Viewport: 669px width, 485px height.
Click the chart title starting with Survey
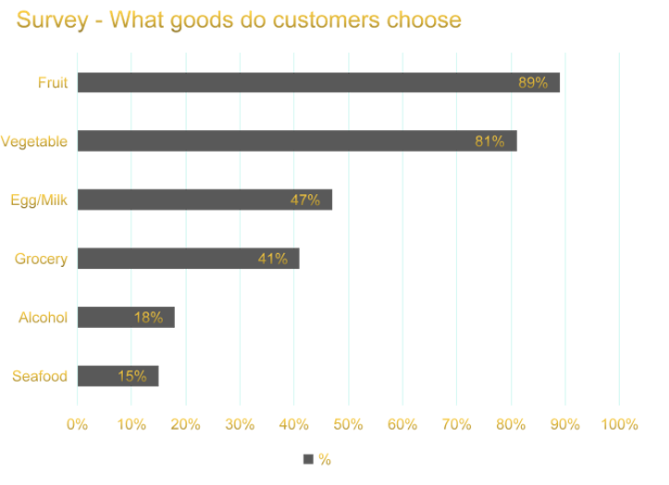(x=239, y=19)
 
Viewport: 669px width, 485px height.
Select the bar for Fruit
(x=318, y=82)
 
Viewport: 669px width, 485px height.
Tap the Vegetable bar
(x=296, y=141)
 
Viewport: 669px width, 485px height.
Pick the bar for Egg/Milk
(x=204, y=200)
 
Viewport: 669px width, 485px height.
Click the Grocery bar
(x=188, y=259)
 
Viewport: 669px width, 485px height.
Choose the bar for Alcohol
(x=126, y=317)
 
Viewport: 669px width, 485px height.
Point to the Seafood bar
(x=118, y=376)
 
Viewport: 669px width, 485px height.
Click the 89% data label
(x=533, y=82)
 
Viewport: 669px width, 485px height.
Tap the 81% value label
(x=489, y=141)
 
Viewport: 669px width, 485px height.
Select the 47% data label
(x=305, y=200)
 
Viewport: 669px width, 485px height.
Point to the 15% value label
(x=132, y=376)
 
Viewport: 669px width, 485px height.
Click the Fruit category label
(x=53, y=82)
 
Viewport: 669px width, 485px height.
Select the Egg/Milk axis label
(x=39, y=200)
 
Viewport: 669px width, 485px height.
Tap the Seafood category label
(x=40, y=376)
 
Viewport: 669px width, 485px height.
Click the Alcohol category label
(x=43, y=317)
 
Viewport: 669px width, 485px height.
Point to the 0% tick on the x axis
(x=77, y=425)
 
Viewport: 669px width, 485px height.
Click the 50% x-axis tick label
(x=348, y=425)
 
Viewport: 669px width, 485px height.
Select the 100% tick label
(x=619, y=425)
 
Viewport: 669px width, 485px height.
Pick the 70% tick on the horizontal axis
(x=457, y=425)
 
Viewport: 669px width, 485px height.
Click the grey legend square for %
(x=308, y=459)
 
